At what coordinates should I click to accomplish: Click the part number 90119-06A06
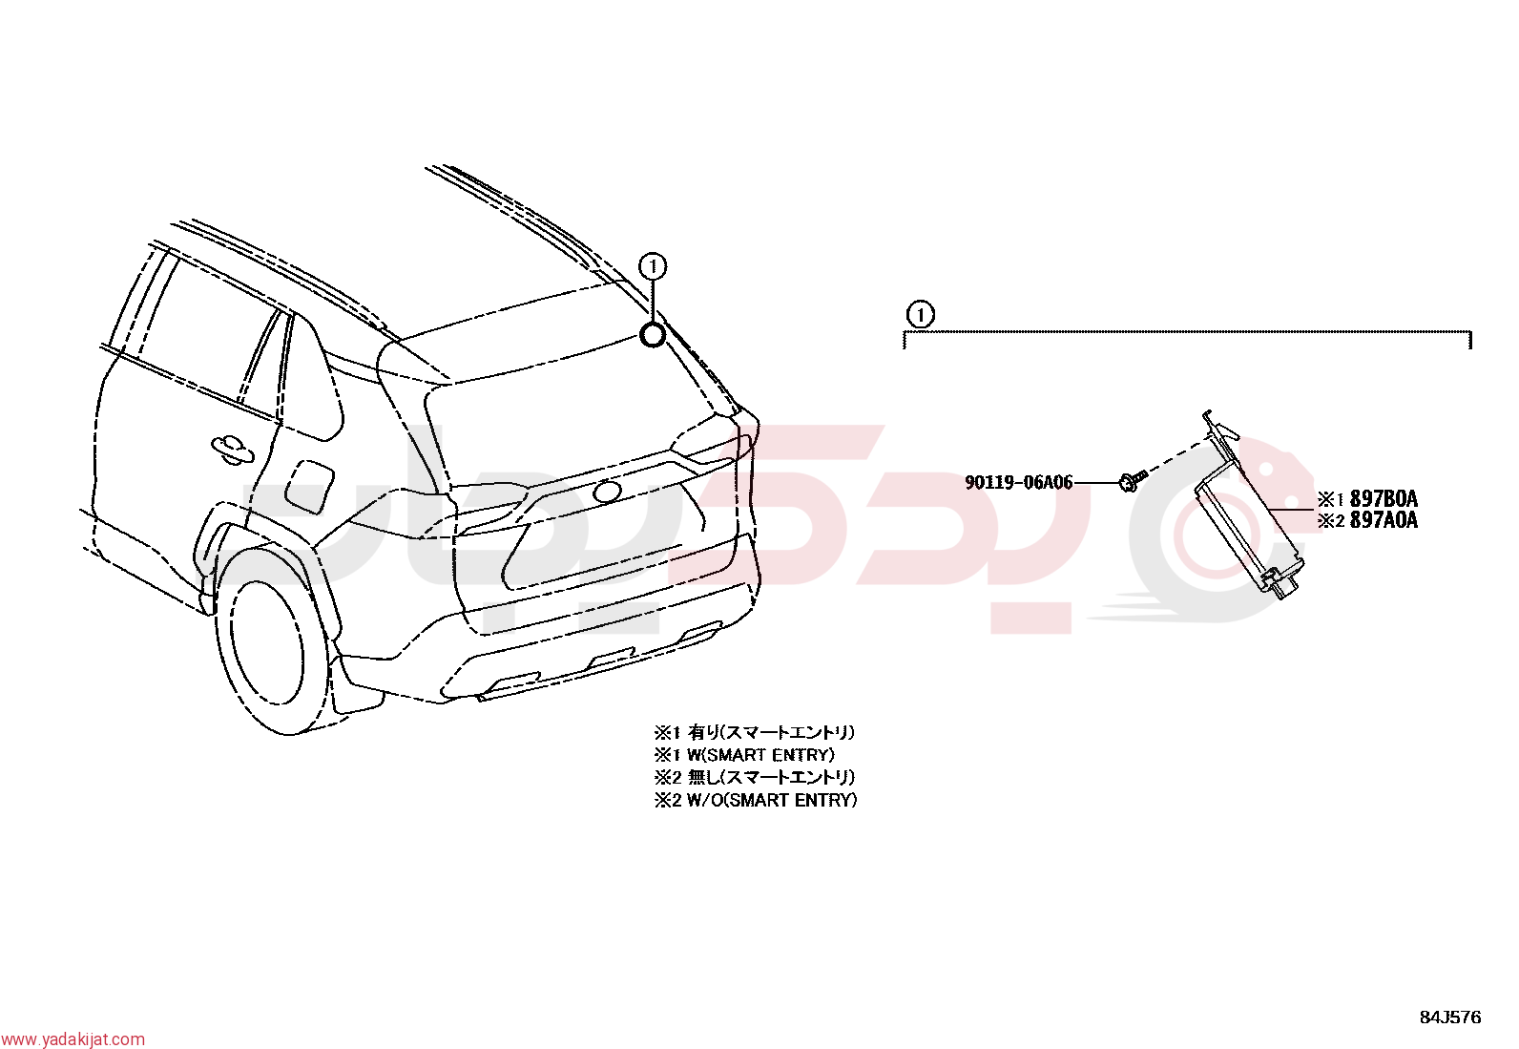click(1018, 482)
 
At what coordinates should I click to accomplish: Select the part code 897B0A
click(1384, 499)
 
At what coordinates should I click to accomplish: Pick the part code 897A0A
click(1384, 520)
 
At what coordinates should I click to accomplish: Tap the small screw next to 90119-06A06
click(1131, 481)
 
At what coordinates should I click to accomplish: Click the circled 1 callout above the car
click(653, 266)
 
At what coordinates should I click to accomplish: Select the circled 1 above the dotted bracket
click(920, 315)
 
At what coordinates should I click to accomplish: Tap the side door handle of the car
click(232, 449)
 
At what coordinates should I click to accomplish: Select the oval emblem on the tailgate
click(607, 492)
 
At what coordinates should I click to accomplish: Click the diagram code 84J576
click(1450, 1018)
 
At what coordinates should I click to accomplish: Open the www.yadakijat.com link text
click(73, 1039)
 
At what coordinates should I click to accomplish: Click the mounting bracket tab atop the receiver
click(1219, 429)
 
